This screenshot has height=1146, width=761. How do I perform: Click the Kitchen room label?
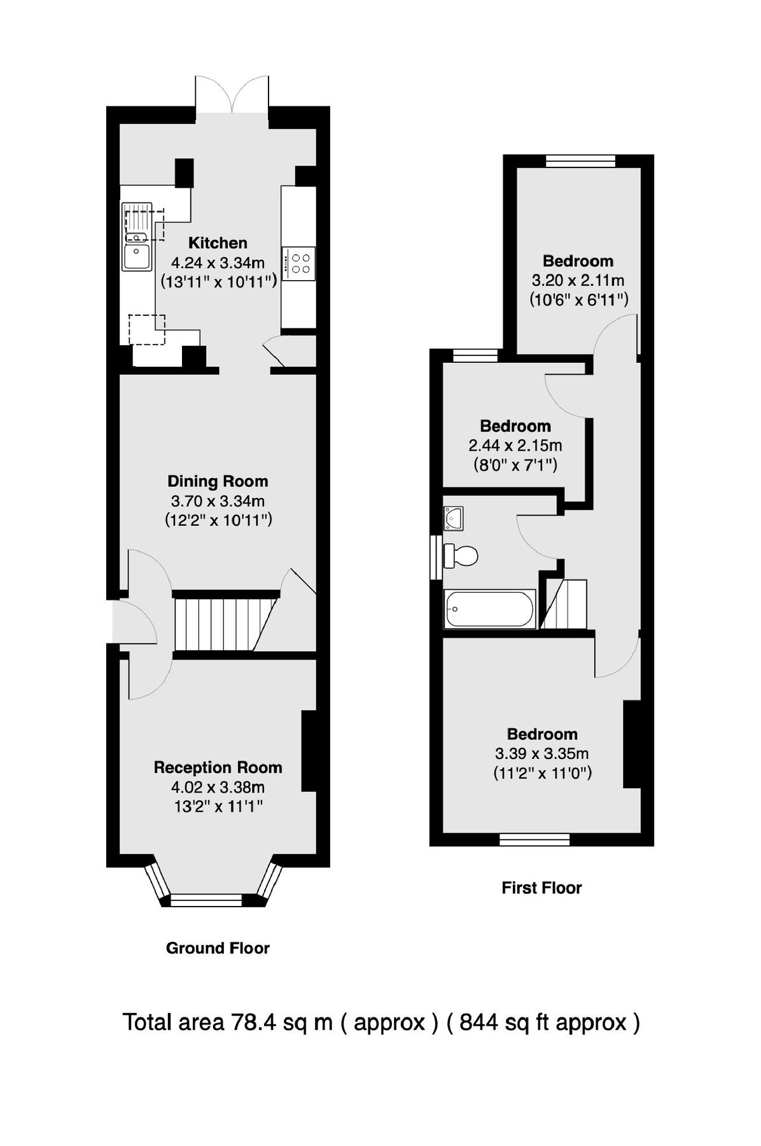[x=218, y=243]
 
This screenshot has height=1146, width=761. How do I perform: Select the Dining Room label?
[x=218, y=481]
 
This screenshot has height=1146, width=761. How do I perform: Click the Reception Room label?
[x=218, y=768]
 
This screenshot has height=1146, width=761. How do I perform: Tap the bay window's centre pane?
[x=207, y=899]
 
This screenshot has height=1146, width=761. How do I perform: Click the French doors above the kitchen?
[x=232, y=95]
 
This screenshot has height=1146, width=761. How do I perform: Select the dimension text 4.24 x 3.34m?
[x=218, y=262]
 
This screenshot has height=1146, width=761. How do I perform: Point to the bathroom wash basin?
[x=454, y=518]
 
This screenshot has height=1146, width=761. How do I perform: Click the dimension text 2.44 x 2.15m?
[x=515, y=446]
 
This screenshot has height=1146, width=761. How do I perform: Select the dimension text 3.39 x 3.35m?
[x=541, y=754]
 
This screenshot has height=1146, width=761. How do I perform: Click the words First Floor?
[x=541, y=888]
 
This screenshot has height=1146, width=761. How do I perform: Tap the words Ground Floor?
[x=218, y=948]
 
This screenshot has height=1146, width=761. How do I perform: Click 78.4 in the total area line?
[x=253, y=1022]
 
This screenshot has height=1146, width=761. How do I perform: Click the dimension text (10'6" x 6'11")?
[x=578, y=299]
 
